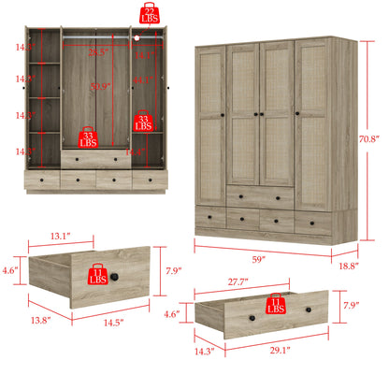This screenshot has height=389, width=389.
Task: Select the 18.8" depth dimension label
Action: [x=350, y=266]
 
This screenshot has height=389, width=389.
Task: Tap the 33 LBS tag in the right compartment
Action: [x=143, y=121]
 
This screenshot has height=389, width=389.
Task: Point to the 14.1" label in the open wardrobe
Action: [x=143, y=55]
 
